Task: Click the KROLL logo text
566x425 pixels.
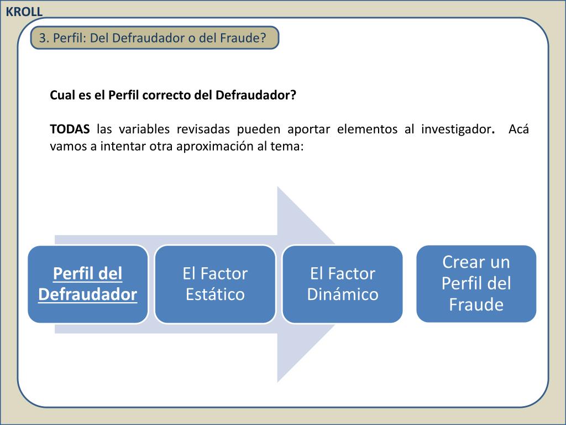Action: click(24, 12)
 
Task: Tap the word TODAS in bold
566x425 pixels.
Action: click(70, 129)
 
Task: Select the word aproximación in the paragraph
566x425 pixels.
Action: click(212, 147)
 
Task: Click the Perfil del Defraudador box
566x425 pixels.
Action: click(88, 284)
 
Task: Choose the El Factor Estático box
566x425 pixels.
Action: click(215, 284)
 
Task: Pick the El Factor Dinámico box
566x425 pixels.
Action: click(342, 284)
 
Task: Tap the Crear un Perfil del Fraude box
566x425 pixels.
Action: click(476, 283)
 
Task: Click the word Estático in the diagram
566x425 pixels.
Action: click(215, 294)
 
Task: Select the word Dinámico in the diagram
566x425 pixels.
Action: click(343, 294)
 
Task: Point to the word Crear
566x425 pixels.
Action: click(461, 262)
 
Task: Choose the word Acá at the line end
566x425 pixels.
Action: click(518, 129)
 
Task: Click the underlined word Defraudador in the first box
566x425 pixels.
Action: click(88, 294)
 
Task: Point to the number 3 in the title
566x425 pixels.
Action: click(42, 38)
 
